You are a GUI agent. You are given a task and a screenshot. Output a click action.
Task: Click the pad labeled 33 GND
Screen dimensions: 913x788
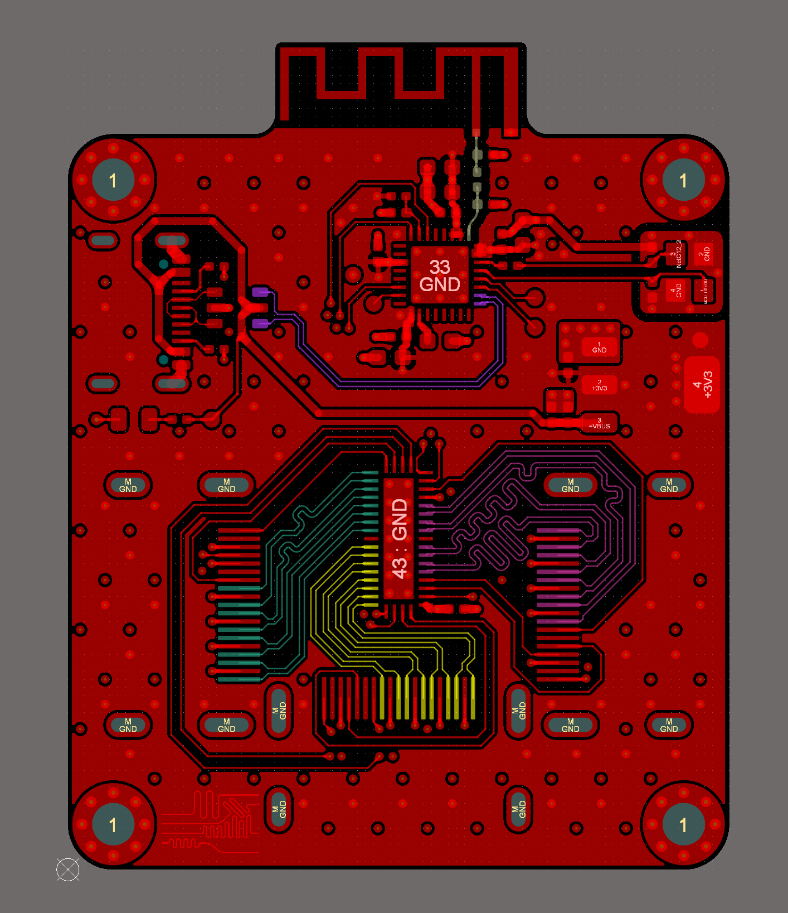[x=440, y=276]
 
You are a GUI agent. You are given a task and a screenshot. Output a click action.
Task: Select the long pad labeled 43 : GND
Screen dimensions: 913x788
[x=399, y=539]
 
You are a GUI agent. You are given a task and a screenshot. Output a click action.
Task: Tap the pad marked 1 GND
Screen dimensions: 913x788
[x=599, y=347]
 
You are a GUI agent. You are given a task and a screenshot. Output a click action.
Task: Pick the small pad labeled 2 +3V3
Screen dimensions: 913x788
[x=599, y=385]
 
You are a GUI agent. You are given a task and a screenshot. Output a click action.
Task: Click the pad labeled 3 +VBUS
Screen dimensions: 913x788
[x=599, y=423]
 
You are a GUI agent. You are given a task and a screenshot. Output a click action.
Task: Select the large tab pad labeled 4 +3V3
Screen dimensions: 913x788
[x=702, y=385]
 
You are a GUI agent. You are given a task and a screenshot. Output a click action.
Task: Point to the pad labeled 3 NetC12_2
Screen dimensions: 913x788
[x=675, y=254]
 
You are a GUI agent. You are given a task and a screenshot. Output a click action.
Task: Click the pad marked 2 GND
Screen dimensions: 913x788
[x=704, y=254]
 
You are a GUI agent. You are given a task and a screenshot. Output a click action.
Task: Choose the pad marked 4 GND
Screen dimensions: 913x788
[x=675, y=291]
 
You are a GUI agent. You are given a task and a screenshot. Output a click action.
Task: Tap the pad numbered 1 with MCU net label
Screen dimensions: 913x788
[x=703, y=291]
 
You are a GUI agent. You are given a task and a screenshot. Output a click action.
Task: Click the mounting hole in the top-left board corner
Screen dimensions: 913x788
[x=113, y=180]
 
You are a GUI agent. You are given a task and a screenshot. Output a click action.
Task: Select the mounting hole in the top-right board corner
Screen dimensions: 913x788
[x=684, y=180]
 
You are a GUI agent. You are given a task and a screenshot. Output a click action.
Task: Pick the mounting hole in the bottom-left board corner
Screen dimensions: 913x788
[x=113, y=824]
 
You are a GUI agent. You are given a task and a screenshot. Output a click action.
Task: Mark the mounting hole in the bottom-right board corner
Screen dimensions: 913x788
[x=684, y=824]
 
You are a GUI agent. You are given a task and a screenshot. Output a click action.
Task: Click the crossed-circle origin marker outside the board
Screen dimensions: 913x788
[x=68, y=869]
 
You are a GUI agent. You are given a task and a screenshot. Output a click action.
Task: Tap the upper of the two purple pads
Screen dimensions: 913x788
[x=260, y=292]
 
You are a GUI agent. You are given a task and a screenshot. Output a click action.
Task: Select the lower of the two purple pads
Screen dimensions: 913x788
[x=260, y=323]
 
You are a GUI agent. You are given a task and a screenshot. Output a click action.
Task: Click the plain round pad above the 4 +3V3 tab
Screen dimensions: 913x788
[x=700, y=340]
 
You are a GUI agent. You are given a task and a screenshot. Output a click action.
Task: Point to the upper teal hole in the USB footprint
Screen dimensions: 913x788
[x=163, y=264]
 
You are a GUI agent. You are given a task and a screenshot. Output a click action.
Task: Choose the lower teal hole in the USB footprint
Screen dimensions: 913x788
[x=163, y=360]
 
